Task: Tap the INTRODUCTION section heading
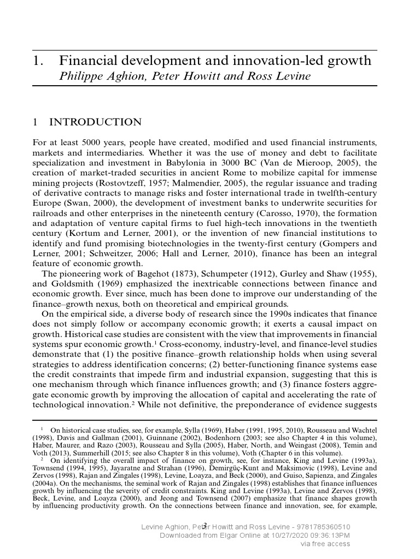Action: coord(95,122)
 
